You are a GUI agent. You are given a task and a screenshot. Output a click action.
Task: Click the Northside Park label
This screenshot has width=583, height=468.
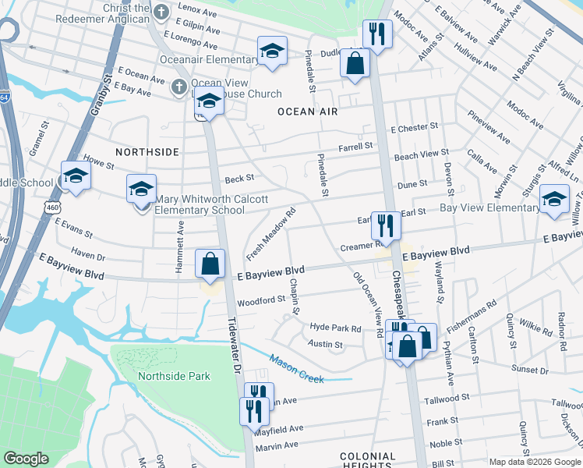click(x=174, y=376)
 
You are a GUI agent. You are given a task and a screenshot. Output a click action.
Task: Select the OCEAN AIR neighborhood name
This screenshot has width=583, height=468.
click(x=308, y=112)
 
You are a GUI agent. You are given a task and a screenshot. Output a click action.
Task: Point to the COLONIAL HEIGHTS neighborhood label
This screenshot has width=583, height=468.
click(x=368, y=460)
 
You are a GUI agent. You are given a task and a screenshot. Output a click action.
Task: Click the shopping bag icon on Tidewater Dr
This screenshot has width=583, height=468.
click(x=210, y=264)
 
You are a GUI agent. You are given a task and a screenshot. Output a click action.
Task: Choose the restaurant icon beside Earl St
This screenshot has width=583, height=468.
click(x=385, y=225)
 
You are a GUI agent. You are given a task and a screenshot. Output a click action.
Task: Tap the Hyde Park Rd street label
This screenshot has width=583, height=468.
click(x=335, y=328)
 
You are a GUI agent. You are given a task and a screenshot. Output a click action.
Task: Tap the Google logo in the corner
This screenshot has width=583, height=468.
click(x=26, y=459)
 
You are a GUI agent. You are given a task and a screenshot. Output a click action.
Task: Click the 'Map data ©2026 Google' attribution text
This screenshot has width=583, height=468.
click(x=534, y=462)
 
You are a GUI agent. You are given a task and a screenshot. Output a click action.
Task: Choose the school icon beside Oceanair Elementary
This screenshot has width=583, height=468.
click(x=271, y=51)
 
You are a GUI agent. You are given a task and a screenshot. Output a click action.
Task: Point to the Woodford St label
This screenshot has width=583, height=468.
click(x=261, y=300)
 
